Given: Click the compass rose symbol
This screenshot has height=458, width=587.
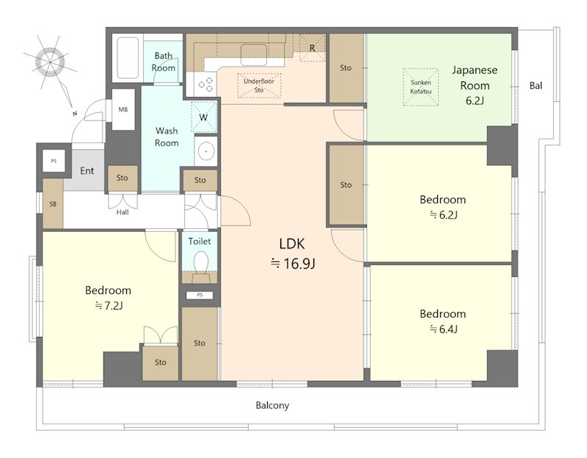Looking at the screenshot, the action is [x=51, y=62].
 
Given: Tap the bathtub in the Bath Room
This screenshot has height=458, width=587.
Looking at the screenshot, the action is [x=128, y=57].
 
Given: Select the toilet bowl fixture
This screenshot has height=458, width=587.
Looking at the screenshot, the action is [x=201, y=262].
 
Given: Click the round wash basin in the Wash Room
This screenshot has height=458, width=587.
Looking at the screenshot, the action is [x=205, y=152].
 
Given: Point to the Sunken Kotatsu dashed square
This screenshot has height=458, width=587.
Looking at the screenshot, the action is [x=420, y=87].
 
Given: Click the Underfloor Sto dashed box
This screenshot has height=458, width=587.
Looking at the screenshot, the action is [x=259, y=86].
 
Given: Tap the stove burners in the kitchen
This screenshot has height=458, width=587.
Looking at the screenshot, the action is [x=205, y=84].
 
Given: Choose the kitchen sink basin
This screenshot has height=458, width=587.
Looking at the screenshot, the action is [x=254, y=54].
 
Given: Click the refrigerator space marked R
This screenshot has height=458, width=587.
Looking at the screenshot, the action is [x=312, y=48].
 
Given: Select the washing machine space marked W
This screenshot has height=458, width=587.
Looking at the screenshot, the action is [x=204, y=117].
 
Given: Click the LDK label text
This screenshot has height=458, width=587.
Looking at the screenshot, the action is [x=292, y=244].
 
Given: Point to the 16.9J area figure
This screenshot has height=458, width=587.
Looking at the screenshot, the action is [x=293, y=263].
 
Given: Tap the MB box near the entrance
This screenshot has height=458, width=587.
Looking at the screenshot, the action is [x=123, y=109].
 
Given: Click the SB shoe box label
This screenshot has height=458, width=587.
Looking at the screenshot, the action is [x=53, y=204].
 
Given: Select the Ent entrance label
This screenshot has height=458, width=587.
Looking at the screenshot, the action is [x=87, y=171].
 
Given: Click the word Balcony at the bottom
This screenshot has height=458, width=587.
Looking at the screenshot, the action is [x=272, y=405].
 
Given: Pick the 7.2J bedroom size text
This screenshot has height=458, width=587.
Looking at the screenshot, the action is [x=109, y=306].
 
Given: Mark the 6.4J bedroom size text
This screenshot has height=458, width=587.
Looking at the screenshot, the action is [x=443, y=329].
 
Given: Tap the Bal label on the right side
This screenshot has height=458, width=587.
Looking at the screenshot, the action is [x=536, y=85].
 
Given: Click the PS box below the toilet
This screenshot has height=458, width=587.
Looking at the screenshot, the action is [x=200, y=295].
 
